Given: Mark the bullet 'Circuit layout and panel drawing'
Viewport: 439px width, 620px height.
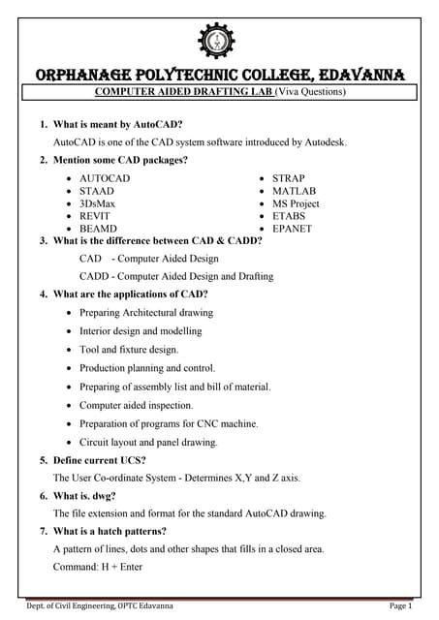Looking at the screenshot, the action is [x=148, y=442].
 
